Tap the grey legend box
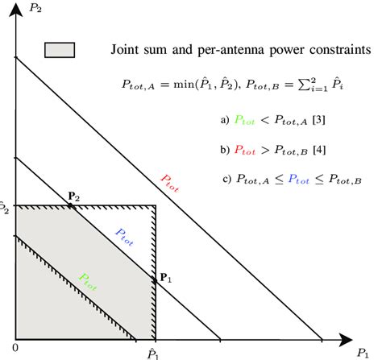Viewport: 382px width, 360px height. pyautogui.click(x=61, y=49)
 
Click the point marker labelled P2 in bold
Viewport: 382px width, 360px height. pyautogui.click(x=71, y=205)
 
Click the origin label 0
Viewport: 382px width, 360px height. pyautogui.click(x=15, y=346)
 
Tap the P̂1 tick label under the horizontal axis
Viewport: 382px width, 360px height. pyautogui.click(x=153, y=352)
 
